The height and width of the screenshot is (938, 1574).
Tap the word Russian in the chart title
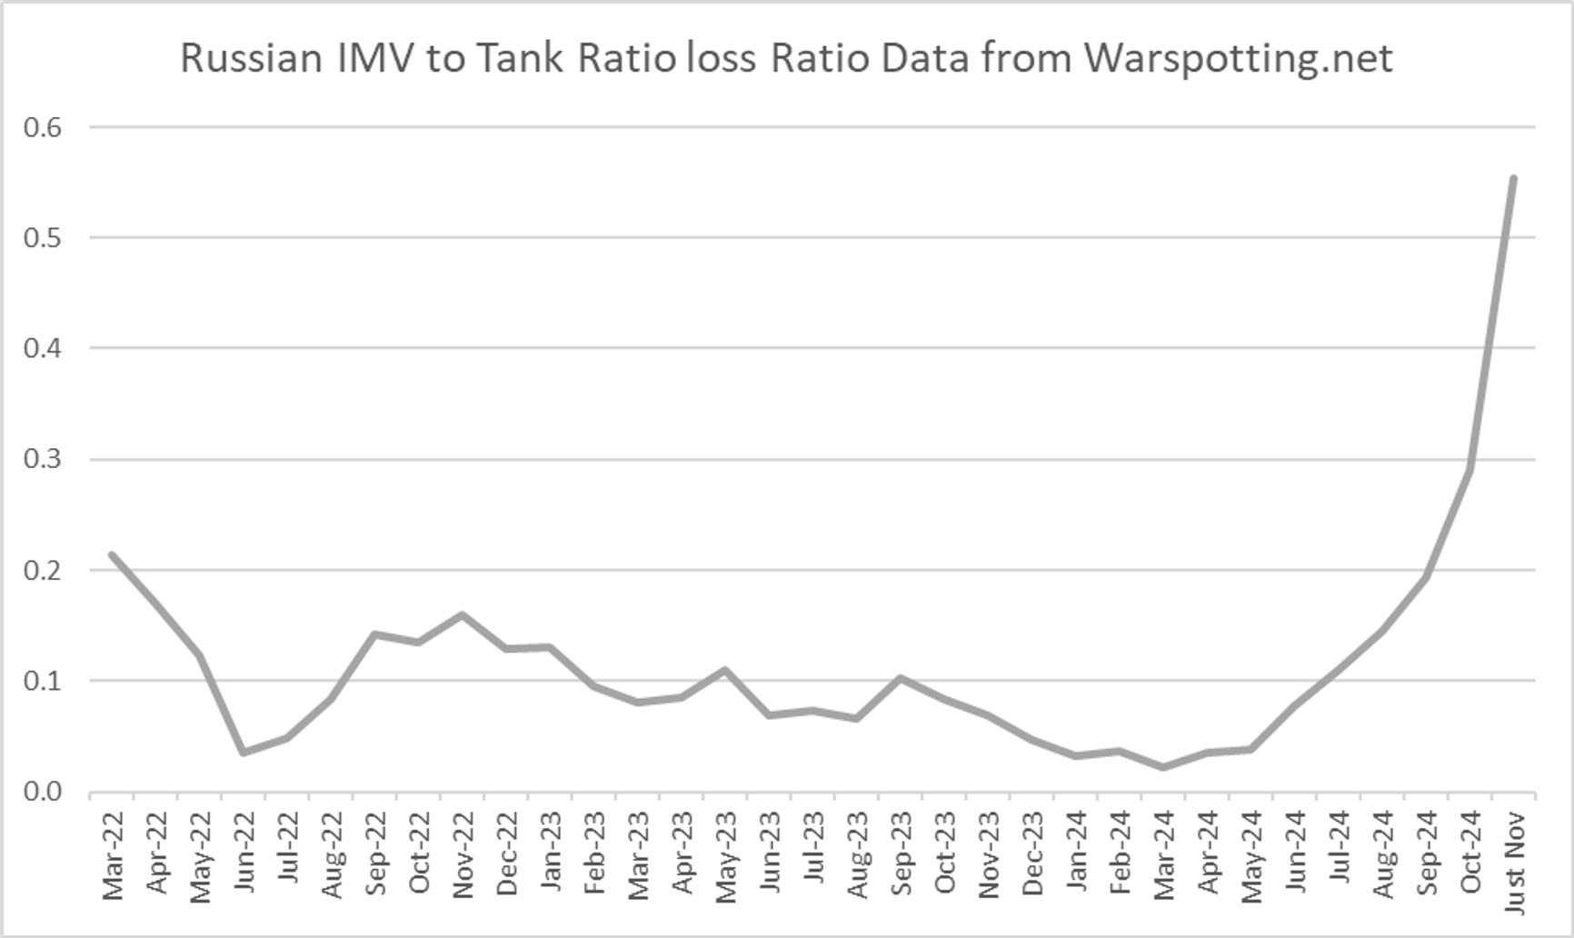[x=251, y=58]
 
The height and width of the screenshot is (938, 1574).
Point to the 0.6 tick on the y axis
[x=43, y=127]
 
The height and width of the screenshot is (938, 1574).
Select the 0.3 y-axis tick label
[x=43, y=459]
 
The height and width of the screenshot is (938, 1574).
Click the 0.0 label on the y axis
[x=43, y=792]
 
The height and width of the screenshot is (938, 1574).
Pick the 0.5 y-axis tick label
[x=43, y=238]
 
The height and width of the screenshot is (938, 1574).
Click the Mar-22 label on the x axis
[x=113, y=856]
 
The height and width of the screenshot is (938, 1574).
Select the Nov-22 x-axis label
[x=463, y=856]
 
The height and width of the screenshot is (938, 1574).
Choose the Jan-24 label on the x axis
[x=1076, y=856]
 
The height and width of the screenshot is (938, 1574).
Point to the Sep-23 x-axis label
[x=901, y=856]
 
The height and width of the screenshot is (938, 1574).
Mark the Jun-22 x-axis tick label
[x=244, y=856]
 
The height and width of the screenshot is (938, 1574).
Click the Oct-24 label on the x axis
[x=1470, y=856]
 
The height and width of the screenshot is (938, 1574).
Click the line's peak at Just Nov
[x=1513, y=178]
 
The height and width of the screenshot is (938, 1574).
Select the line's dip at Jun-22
[x=244, y=753]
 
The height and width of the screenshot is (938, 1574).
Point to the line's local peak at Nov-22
[x=462, y=614]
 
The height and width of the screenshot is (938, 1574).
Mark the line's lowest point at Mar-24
[x=1163, y=767]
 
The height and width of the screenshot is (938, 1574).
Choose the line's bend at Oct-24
[x=1469, y=469]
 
